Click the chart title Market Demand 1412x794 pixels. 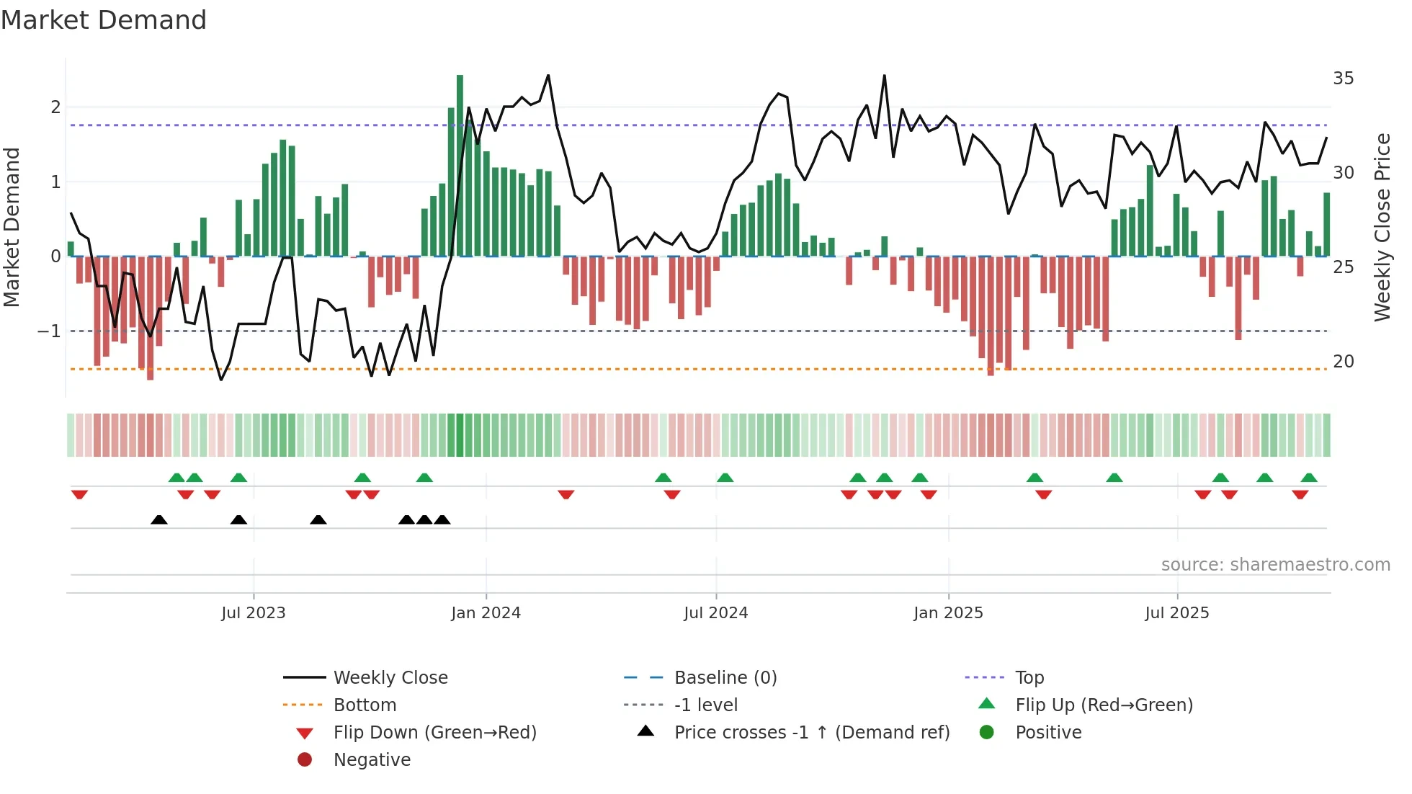104,20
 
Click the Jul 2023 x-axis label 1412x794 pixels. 253,613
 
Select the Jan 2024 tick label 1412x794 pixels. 486,613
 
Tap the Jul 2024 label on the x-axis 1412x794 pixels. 715,613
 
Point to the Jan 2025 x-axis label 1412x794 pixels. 948,613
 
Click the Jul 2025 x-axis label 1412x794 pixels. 1176,613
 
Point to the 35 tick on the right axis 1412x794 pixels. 1343,79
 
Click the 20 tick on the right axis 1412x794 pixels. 1343,362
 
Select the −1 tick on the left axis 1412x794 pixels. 49,331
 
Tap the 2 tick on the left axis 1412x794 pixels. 55,107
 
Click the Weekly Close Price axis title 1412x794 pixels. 1382,227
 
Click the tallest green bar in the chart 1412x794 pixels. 460,166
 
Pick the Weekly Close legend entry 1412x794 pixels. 390,678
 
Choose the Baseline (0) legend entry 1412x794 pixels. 725,678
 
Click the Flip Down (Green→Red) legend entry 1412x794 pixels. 434,733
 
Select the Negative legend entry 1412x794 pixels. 372,760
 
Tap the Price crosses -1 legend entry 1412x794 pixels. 811,733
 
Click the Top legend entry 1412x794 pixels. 1029,678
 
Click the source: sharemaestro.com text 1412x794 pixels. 1275,565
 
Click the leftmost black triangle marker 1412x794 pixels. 159,519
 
